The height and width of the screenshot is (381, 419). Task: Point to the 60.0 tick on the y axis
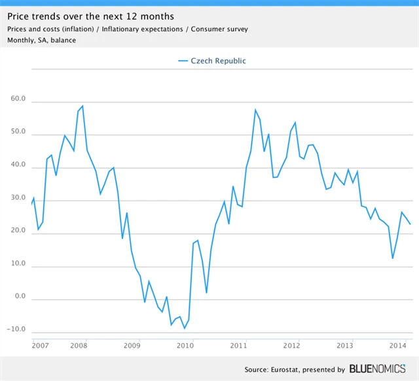(x=18, y=100)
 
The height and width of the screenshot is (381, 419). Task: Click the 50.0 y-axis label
(x=18, y=133)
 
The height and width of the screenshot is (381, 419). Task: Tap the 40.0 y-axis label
(x=18, y=166)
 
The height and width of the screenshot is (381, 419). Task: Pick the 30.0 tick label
(x=18, y=199)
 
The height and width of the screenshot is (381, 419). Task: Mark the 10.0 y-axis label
(x=18, y=265)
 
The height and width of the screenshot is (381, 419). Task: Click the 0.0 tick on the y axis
(x=20, y=297)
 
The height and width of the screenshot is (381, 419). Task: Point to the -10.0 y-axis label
(x=17, y=330)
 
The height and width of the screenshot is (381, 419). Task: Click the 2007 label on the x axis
(x=40, y=344)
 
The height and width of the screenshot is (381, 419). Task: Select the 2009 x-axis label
(x=132, y=344)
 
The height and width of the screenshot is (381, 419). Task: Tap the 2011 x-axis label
(x=238, y=344)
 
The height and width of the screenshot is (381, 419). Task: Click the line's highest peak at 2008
(x=82, y=106)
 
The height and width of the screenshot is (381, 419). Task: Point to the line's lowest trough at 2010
(x=185, y=328)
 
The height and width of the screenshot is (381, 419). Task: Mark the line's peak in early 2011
(x=255, y=109)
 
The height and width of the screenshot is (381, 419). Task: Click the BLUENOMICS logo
(x=377, y=369)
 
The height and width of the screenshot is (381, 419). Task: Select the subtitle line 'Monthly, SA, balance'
(x=41, y=41)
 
